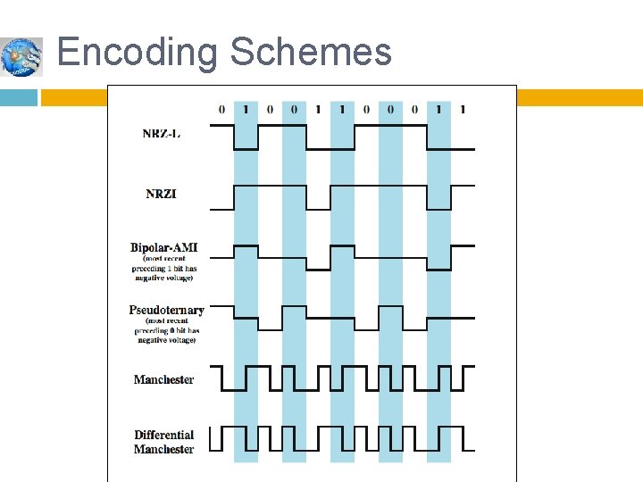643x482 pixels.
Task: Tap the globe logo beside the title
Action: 21,57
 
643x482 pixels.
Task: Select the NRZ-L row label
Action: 162,134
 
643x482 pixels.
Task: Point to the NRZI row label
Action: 162,192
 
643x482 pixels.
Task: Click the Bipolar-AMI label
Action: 165,247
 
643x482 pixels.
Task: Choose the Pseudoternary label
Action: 166,311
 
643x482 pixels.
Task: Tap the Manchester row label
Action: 163,379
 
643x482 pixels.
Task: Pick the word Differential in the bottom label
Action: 164,436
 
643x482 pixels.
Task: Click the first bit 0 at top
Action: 221,110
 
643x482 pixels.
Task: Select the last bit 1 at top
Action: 463,110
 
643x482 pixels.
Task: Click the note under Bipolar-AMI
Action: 166,268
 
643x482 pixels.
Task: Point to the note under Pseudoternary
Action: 166,331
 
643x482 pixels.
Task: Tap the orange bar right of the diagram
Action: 580,97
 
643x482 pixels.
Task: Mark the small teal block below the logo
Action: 18,96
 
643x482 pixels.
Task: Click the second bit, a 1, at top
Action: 246,110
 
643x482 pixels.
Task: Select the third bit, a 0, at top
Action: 270,110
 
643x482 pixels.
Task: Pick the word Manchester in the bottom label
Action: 163,449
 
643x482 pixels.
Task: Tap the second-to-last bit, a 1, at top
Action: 438,110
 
